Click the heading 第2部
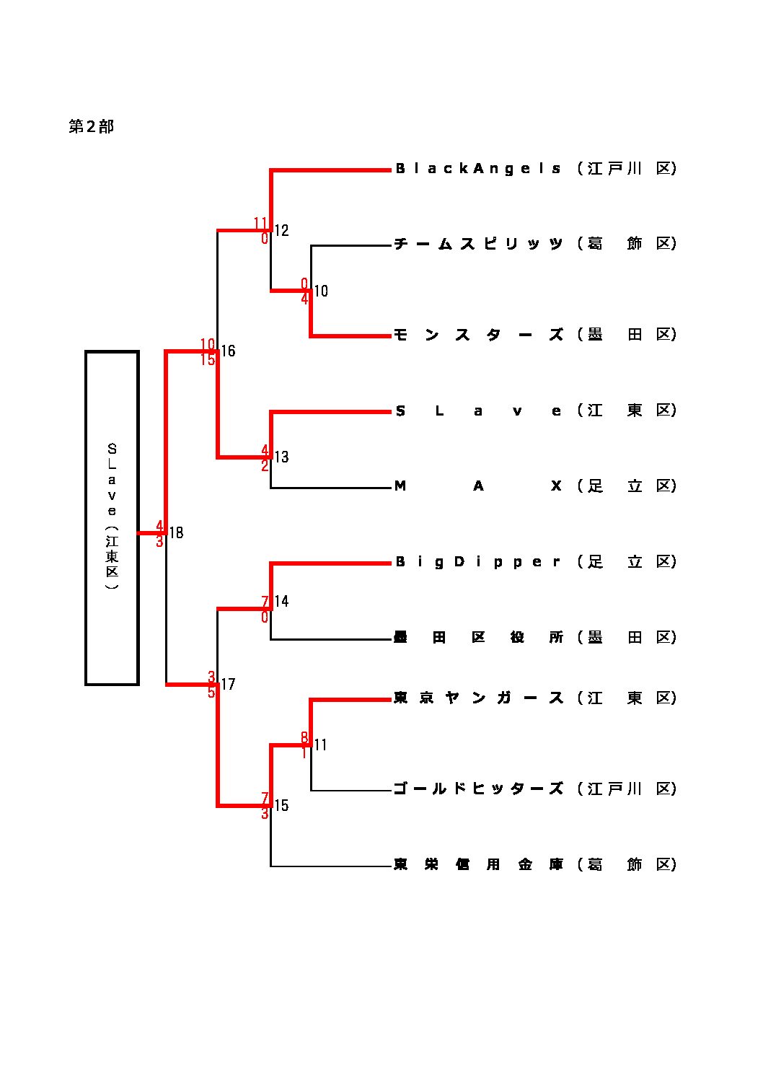click(x=91, y=127)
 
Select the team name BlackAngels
click(x=477, y=169)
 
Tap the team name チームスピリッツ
click(x=477, y=244)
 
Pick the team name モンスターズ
click(x=477, y=335)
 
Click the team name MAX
click(x=477, y=486)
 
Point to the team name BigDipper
click(x=477, y=562)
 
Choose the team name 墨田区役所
click(x=477, y=638)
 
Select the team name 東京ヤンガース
click(x=477, y=698)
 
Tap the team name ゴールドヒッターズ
click(x=477, y=789)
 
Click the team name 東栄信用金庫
click(x=477, y=864)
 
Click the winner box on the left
click(x=112, y=517)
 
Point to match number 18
click(x=176, y=533)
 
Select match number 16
click(x=228, y=351)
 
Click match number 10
click(x=321, y=291)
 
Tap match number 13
click(x=281, y=457)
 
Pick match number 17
click(x=228, y=685)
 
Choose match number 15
click(x=281, y=806)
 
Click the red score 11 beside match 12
click(x=260, y=223)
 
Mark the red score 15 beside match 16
click(x=208, y=359)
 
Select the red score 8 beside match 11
click(x=304, y=737)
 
